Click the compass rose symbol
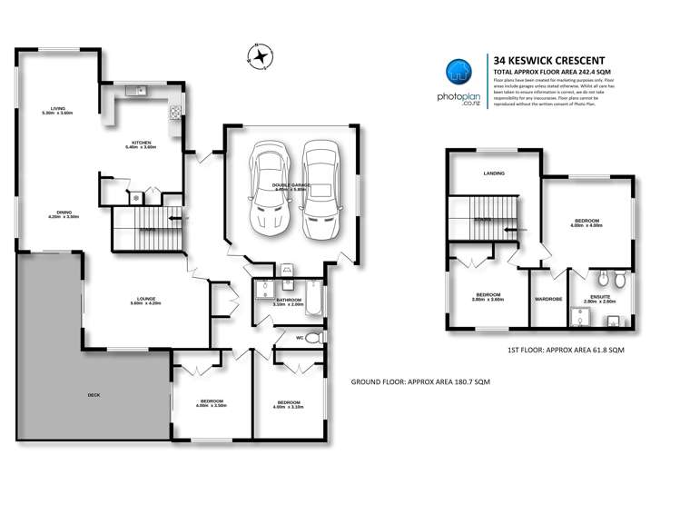pos(260,55)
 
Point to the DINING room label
pos(64,213)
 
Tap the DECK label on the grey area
pos(94,395)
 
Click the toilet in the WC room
pos(312,338)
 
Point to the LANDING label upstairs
pos(494,173)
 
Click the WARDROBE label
pos(548,298)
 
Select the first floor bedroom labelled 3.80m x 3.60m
pos(489,296)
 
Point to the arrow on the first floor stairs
pos(518,230)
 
